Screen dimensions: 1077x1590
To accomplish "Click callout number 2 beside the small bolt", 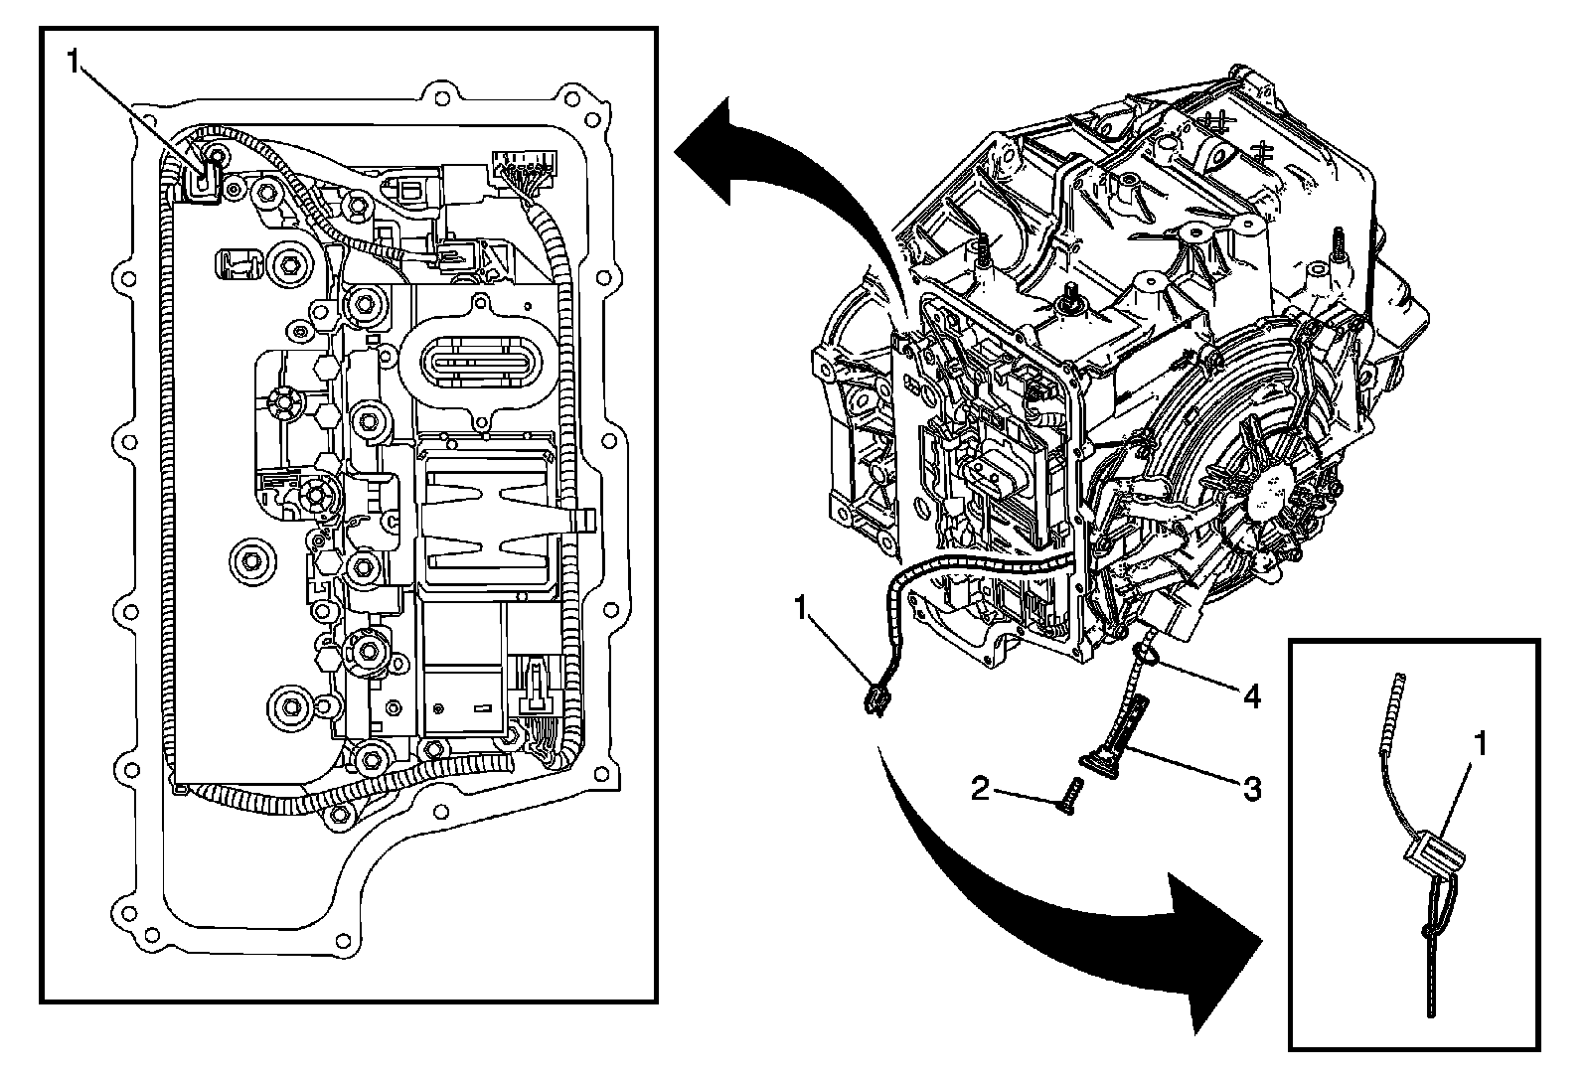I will coord(981,790).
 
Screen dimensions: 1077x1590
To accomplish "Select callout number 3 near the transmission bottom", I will coord(1252,789).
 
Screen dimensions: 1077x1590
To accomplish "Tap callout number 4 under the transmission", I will coord(1252,697).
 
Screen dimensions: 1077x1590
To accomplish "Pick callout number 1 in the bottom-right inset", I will coord(1480,742).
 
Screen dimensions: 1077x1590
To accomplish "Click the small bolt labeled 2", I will coord(1068,796).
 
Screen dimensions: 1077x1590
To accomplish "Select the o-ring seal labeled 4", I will coord(1146,653).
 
